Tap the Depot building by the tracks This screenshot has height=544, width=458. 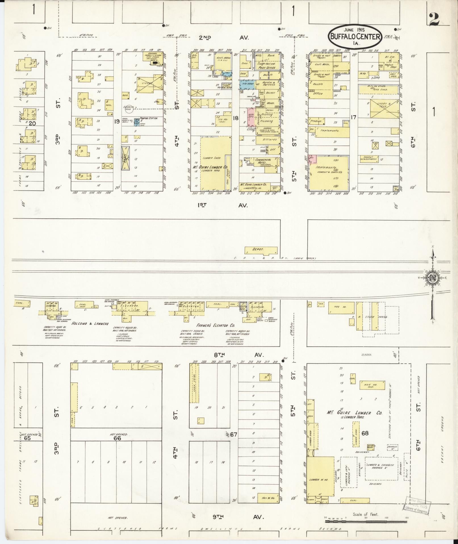261,250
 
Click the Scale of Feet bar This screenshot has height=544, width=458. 367,521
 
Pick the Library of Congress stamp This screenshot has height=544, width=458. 417,505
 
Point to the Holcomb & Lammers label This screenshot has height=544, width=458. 90,324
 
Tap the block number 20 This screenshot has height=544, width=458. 32,123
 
